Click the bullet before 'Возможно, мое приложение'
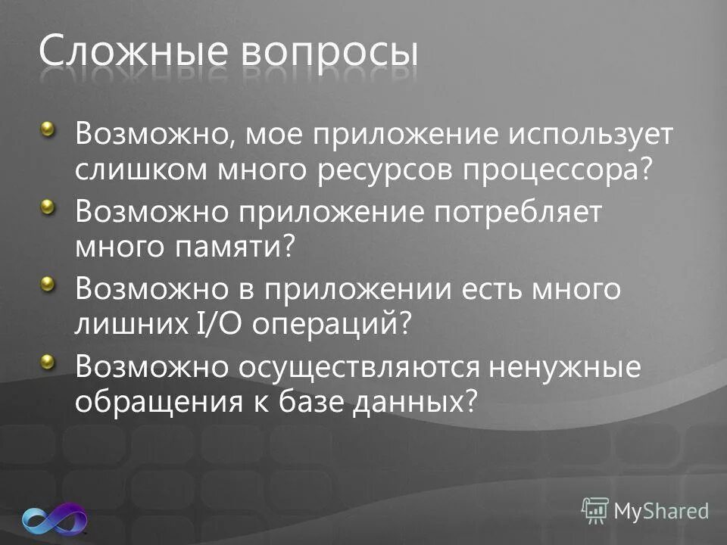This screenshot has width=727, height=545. [48, 131]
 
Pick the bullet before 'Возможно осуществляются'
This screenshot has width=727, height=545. [48, 361]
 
